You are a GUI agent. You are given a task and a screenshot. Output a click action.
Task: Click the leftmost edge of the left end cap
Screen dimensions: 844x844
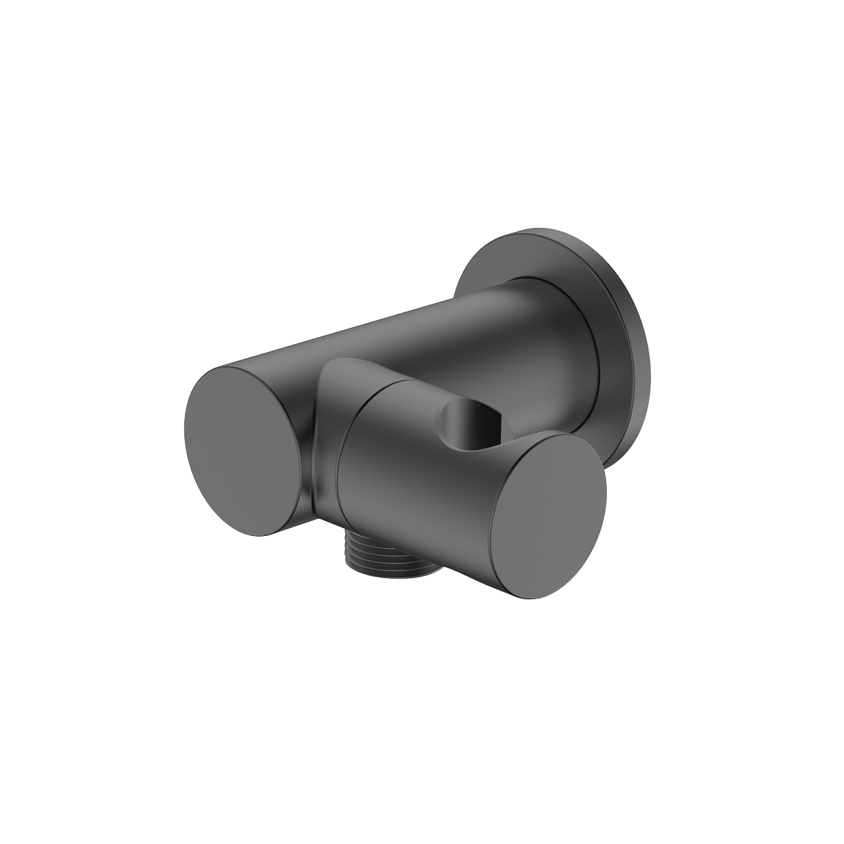tap(186, 436)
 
